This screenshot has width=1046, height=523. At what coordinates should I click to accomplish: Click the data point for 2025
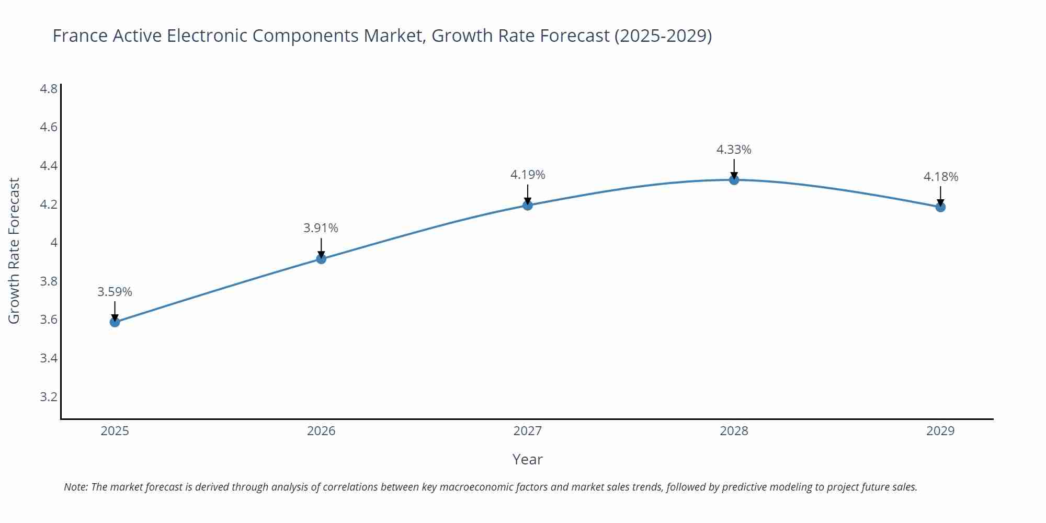115,322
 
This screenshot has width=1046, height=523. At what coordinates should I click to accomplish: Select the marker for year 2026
321,259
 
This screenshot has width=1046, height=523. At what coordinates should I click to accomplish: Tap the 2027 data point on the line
528,205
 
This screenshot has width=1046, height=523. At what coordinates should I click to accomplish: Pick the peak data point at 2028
734,180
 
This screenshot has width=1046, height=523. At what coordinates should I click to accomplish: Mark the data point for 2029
940,207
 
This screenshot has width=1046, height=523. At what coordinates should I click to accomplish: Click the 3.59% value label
115,292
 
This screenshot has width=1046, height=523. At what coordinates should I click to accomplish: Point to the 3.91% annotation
321,228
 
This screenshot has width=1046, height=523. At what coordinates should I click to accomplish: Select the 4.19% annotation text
528,175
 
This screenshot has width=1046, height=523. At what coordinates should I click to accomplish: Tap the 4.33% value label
734,150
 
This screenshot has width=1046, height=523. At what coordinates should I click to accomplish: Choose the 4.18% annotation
940,177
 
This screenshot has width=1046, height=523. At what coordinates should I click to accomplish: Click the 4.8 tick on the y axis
49,89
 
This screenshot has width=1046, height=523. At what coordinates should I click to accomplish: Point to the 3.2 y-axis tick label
49,396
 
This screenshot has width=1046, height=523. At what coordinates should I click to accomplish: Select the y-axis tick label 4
53,243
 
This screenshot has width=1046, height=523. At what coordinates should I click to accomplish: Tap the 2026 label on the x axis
321,431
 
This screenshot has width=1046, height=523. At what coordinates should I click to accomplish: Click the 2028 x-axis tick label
734,431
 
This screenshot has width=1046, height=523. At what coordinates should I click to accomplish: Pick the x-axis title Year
527,459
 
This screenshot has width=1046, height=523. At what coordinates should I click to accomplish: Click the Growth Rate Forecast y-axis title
14,251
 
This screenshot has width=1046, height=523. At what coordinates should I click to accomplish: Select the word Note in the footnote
75,487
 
